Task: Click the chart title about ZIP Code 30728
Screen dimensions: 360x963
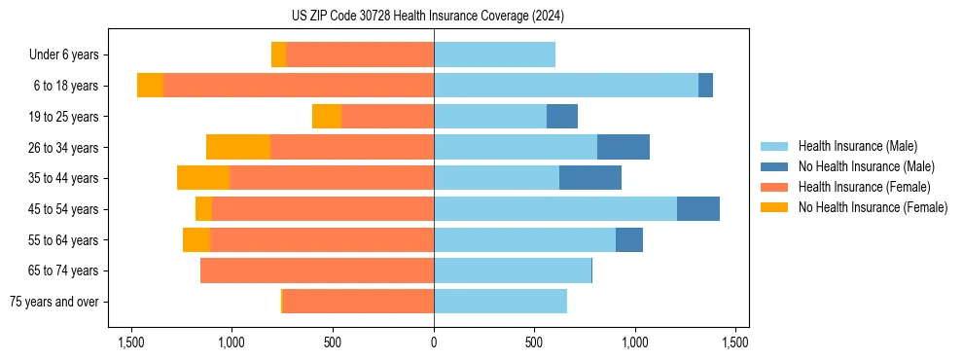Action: pos(434,16)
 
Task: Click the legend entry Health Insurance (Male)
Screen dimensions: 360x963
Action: pos(857,146)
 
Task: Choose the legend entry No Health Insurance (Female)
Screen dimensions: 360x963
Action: pos(873,207)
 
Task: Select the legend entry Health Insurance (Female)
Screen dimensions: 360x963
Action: pos(864,187)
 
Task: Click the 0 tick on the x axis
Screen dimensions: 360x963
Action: pos(434,342)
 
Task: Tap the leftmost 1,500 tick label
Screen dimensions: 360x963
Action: pos(131,342)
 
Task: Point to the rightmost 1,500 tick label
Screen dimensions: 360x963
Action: pos(735,342)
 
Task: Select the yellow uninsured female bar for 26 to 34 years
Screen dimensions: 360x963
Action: pos(238,147)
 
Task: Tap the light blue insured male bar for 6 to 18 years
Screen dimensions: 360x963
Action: pos(566,86)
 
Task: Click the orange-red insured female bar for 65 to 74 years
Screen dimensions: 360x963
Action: pos(317,270)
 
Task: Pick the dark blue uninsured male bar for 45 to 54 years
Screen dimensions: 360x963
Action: pos(698,209)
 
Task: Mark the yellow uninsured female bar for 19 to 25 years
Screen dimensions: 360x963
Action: pos(327,117)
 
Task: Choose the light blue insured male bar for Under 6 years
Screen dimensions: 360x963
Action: pos(494,54)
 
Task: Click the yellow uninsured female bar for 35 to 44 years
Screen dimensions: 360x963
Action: pos(203,178)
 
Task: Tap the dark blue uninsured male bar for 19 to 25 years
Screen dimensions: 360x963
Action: pos(562,117)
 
